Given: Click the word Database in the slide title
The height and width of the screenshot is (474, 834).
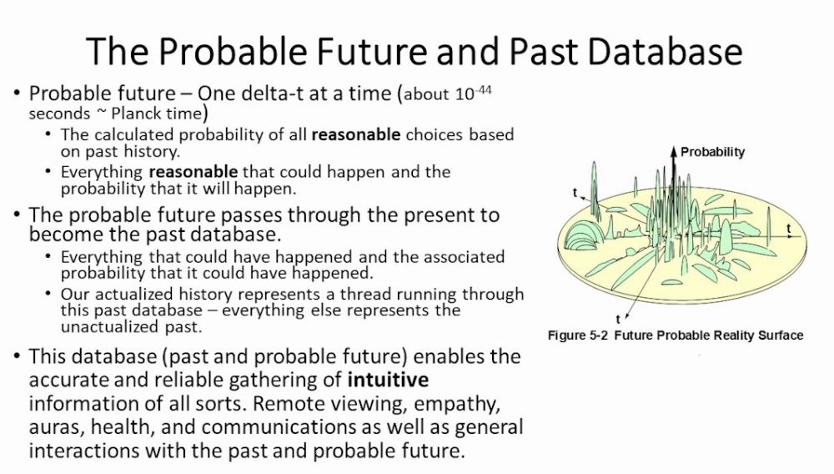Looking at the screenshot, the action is pyautogui.click(x=665, y=52).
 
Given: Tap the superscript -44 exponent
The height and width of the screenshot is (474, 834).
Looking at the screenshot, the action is pyautogui.click(x=483, y=89).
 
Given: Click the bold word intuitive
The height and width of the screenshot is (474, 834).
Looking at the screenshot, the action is pyautogui.click(x=388, y=380).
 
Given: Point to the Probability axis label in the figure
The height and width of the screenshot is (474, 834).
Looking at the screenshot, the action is pyautogui.click(x=713, y=152).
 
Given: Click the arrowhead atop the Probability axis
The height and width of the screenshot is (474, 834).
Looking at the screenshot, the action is pyautogui.click(x=674, y=150).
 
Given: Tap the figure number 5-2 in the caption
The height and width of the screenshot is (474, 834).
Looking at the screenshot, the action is pyautogui.click(x=598, y=335).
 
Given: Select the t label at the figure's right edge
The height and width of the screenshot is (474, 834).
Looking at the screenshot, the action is pyautogui.click(x=789, y=229).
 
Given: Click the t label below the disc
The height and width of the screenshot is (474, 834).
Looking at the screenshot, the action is pyautogui.click(x=618, y=319).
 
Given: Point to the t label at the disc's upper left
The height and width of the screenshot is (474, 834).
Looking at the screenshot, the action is pyautogui.click(x=575, y=193).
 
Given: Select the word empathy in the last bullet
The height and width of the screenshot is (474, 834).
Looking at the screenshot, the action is pyautogui.click(x=457, y=404).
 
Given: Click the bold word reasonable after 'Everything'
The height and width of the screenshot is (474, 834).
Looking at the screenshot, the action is pyautogui.click(x=193, y=172).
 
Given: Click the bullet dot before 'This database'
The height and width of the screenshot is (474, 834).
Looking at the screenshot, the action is pyautogui.click(x=18, y=355).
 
